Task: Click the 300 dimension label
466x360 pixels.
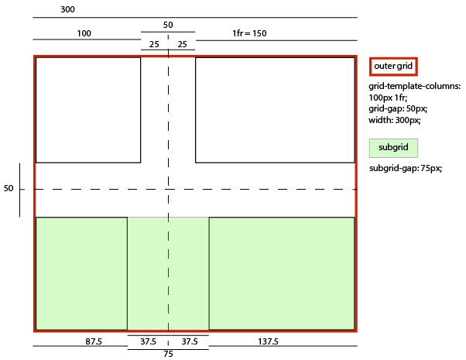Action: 67,10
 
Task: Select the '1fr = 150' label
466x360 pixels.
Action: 249,33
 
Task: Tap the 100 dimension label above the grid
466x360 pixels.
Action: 84,33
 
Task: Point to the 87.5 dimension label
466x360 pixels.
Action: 94,341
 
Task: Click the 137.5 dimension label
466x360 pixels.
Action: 269,341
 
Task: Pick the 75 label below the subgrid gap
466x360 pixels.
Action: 168,355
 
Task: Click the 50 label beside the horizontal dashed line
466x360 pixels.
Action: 9,188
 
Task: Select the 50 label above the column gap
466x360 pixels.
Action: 168,26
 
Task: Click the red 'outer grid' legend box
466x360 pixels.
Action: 393,66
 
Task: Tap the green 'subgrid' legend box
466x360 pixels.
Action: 393,147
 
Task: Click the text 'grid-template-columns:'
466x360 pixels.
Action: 414,86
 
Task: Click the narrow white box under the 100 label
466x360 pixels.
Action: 88,109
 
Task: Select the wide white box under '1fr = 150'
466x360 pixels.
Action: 275,109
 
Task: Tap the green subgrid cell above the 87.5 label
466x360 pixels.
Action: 81,273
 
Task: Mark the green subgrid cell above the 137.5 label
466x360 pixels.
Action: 282,273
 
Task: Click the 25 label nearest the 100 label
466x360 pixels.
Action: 154,44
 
